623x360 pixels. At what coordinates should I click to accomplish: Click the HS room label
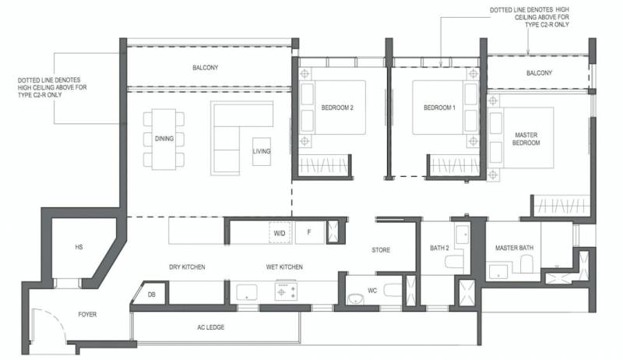(x=79, y=247)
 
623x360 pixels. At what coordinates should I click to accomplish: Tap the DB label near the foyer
(x=151, y=295)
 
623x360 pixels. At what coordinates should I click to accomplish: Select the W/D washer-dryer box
(x=280, y=232)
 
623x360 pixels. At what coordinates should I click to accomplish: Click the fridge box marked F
(x=309, y=232)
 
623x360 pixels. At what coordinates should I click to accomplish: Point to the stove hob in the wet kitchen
(x=286, y=291)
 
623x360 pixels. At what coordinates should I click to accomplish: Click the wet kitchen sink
(x=247, y=292)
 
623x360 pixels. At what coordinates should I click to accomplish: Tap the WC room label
(x=372, y=291)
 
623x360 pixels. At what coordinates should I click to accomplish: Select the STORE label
(x=381, y=250)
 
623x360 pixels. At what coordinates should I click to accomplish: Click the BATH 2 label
(x=439, y=248)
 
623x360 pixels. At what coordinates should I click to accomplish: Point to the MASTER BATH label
(x=514, y=248)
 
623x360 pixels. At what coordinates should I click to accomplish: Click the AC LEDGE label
(x=210, y=327)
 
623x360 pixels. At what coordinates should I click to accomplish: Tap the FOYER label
(x=87, y=314)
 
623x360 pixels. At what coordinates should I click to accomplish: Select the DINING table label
(x=164, y=139)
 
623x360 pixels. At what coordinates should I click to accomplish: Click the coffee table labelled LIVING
(x=262, y=151)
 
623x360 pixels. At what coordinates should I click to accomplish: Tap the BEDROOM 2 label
(x=337, y=108)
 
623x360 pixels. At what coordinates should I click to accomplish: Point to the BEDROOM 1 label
(x=439, y=108)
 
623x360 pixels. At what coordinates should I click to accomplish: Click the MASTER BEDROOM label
(x=526, y=139)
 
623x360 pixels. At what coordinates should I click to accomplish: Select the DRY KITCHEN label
(x=187, y=267)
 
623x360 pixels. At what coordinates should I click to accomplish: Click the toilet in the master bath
(x=526, y=263)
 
